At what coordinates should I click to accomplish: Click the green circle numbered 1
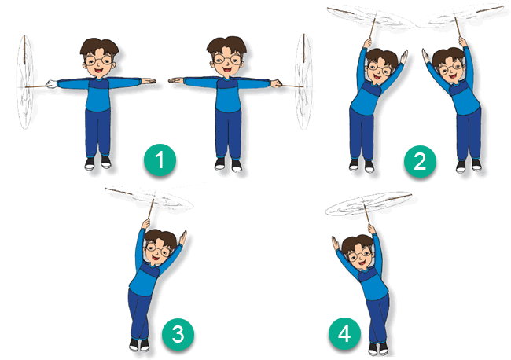point(160,160)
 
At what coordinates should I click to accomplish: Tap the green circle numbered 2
point(420,162)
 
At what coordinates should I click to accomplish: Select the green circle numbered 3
point(178,335)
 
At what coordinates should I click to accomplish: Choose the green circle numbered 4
point(344,333)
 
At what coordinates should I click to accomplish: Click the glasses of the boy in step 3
point(158,249)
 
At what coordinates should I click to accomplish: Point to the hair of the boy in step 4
point(357,244)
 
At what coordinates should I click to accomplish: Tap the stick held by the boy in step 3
point(150,209)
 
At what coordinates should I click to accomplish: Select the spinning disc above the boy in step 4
point(368,204)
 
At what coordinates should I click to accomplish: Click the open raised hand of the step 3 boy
point(182,238)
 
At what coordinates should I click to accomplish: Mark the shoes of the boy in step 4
point(378,348)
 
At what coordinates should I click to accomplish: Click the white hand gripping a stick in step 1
point(51,84)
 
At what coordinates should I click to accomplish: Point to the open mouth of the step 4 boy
point(362,263)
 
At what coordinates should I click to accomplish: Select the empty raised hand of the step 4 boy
point(336,244)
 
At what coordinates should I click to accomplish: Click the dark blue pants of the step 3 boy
point(139,314)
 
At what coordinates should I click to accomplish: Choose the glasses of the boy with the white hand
point(99,61)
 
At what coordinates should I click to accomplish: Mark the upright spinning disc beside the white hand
point(25,83)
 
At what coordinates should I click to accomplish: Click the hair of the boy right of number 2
point(448,56)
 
